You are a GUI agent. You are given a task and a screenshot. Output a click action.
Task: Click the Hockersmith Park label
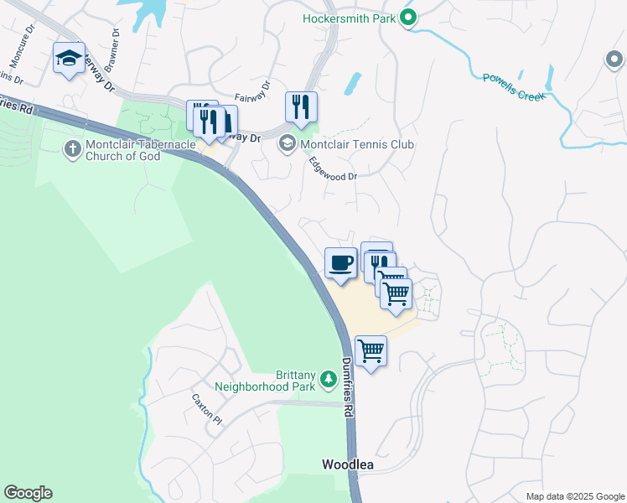(349, 18)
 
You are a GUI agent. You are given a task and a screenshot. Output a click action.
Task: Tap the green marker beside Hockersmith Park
(408, 18)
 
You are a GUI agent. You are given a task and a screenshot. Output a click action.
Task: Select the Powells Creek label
(514, 87)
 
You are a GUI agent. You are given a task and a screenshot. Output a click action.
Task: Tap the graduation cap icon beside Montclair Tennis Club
(288, 144)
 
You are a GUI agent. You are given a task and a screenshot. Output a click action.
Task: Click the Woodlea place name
(348, 464)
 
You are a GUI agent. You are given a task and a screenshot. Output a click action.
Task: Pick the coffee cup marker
(341, 264)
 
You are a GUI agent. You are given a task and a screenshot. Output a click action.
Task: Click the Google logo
(28, 493)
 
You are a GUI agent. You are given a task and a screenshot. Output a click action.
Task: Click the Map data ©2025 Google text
(575, 496)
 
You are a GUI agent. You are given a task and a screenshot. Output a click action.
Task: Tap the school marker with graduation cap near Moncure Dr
(69, 59)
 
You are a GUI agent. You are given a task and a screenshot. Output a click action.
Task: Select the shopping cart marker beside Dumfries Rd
(370, 350)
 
